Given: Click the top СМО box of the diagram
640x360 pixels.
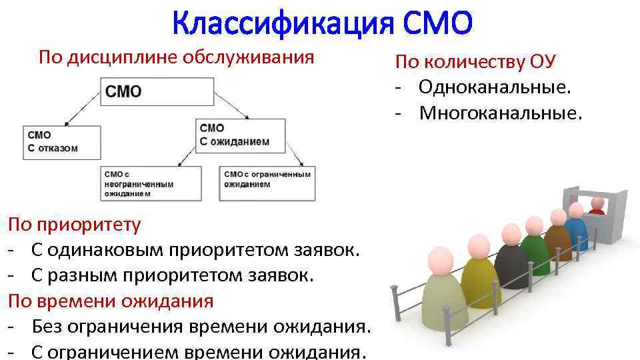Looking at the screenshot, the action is tap(157, 91).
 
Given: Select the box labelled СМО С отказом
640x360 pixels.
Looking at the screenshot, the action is tap(61, 141).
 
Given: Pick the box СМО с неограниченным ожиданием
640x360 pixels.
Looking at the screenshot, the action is tap(151, 183).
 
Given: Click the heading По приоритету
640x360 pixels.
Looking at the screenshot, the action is tap(75, 224).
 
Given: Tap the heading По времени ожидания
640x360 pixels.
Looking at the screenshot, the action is tap(111, 301).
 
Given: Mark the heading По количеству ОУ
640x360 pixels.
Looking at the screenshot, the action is tap(475, 62).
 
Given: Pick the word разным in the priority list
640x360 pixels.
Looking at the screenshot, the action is tap(77, 275).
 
